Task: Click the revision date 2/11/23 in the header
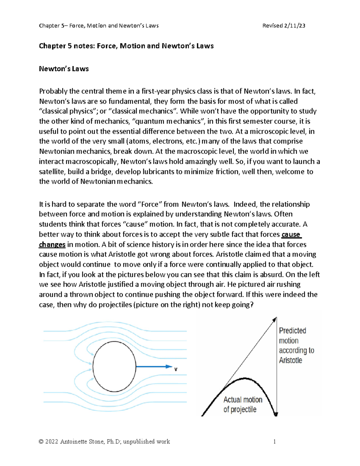point(294,26)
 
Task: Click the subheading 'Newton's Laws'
point(64,69)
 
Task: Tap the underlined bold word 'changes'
point(52,245)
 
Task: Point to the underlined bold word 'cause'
point(291,234)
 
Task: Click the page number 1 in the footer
point(274,441)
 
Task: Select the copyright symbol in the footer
point(41,442)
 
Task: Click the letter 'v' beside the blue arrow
point(176,369)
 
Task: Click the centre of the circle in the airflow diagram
point(114,367)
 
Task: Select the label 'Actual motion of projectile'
point(242,404)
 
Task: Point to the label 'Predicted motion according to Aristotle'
point(296,345)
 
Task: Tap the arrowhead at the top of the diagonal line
point(274,320)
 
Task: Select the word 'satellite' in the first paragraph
point(51,172)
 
